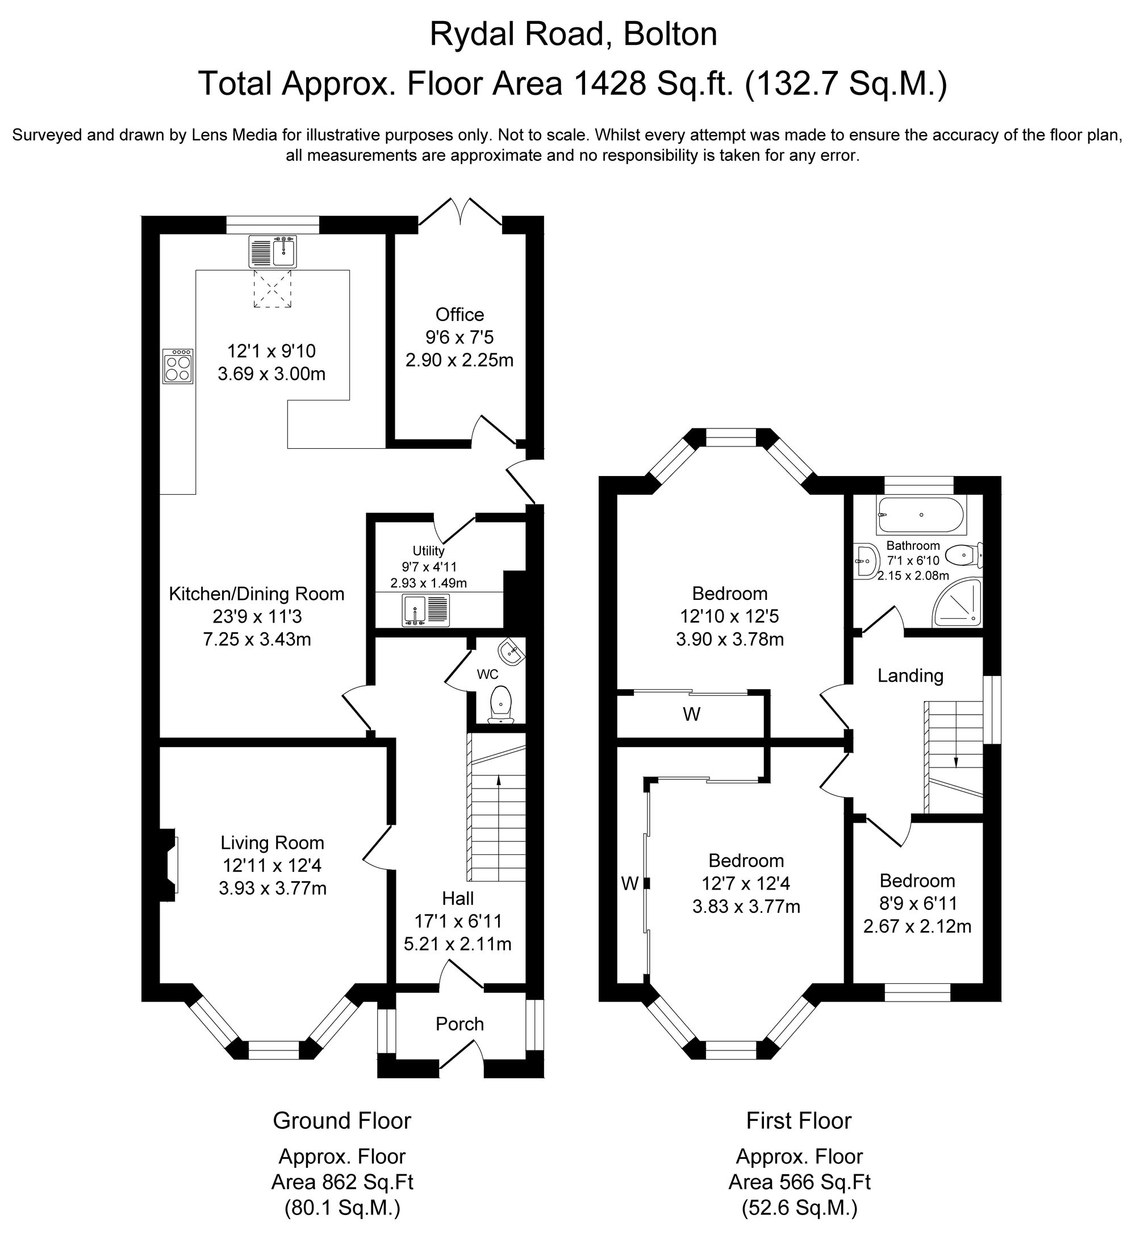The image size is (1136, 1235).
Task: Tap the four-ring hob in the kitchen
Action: tap(178, 366)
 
